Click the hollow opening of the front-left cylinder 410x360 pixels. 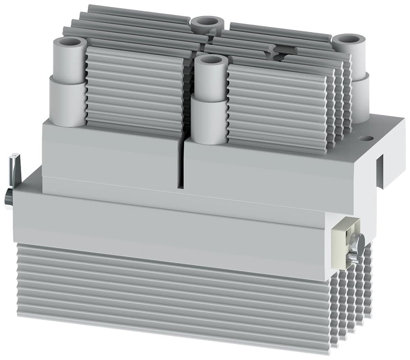(68, 42)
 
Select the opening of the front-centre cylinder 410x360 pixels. (212, 60)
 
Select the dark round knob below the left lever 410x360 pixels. (8, 199)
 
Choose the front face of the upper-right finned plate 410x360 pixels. (277, 106)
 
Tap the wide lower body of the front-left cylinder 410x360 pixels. (68, 102)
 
